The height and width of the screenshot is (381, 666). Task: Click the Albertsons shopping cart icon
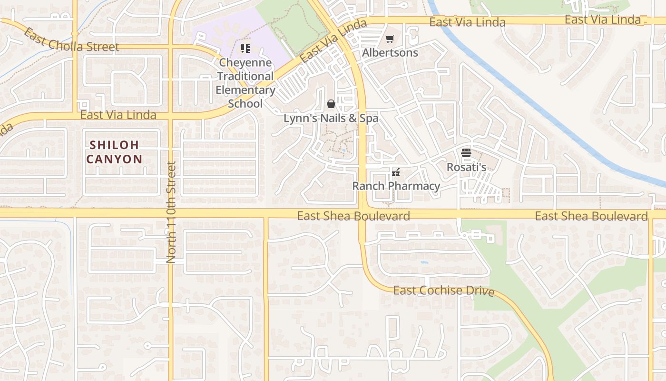[390, 39]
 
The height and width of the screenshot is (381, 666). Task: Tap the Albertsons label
[390, 52]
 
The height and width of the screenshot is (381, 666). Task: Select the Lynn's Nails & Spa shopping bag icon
[331, 104]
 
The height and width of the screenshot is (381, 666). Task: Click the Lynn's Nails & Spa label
[331, 118]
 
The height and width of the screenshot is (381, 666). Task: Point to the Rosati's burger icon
[466, 153]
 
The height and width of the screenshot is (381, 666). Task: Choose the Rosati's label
[466, 167]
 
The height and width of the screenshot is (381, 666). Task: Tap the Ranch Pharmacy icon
[395, 172]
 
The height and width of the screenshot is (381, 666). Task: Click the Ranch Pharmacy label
[396, 186]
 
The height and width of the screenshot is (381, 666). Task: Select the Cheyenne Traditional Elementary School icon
[245, 48]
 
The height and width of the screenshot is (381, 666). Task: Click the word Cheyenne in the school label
[245, 62]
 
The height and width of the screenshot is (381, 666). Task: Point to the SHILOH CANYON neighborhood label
[114, 152]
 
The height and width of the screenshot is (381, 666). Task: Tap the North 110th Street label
[171, 212]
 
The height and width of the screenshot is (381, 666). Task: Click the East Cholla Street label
[71, 41]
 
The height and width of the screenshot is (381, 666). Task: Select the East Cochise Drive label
[444, 291]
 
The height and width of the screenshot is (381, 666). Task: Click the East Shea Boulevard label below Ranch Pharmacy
[353, 216]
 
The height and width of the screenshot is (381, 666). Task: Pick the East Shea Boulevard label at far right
[591, 216]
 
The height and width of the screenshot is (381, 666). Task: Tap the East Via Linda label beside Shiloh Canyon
[118, 115]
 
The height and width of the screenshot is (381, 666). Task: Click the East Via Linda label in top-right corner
[603, 20]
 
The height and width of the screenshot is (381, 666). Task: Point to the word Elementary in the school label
[245, 90]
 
